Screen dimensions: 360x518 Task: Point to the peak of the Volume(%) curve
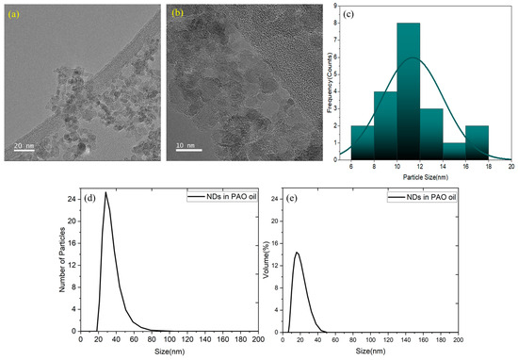coord(298,252)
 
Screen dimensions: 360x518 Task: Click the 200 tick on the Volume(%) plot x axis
coord(459,340)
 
